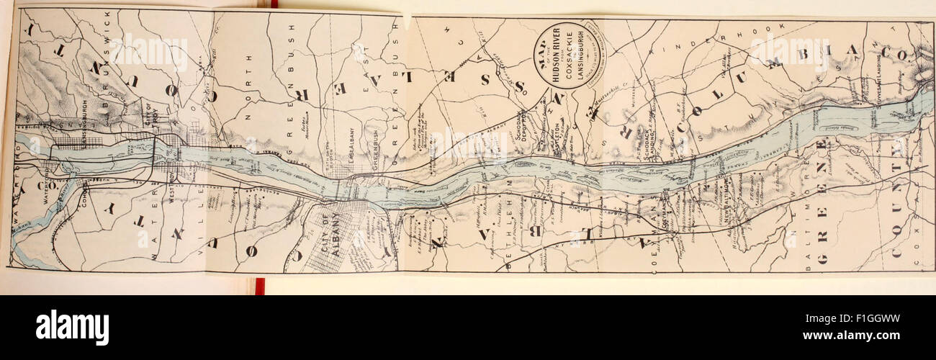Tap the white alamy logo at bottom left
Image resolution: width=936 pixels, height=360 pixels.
coord(72,328)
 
